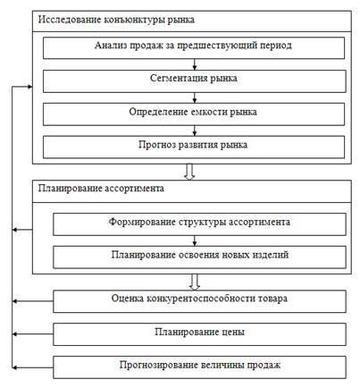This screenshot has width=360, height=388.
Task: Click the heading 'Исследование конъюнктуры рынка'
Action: tap(116, 20)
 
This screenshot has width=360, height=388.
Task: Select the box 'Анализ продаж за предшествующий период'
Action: tap(194, 47)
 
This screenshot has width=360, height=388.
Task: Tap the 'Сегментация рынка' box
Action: tap(194, 81)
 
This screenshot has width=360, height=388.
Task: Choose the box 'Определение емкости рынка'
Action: tap(194, 114)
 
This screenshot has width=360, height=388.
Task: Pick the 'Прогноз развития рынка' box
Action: tap(194, 147)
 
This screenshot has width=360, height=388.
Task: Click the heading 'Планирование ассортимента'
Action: tap(101, 189)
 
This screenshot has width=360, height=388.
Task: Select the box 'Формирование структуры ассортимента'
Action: tap(199, 224)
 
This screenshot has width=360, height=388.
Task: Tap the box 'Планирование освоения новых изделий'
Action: tap(199, 257)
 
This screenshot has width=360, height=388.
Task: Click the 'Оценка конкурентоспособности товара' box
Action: tap(199, 301)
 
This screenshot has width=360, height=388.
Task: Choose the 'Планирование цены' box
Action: tap(199, 334)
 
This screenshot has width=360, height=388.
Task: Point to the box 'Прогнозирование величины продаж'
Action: tap(199, 367)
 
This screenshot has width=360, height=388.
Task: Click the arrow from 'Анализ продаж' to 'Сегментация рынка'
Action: tap(195, 64)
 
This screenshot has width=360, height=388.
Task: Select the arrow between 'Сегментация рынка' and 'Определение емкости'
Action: tap(195, 97)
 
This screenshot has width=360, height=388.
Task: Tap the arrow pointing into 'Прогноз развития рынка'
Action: tap(195, 131)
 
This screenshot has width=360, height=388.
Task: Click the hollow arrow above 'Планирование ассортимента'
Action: tap(189, 172)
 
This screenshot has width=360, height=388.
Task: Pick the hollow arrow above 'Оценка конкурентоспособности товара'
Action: tap(195, 282)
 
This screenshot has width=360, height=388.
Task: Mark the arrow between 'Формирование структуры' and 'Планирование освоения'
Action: tap(195, 240)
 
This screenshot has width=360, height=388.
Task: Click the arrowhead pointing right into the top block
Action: tap(29, 87)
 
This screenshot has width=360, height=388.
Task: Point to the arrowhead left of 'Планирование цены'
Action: tap(14, 334)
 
